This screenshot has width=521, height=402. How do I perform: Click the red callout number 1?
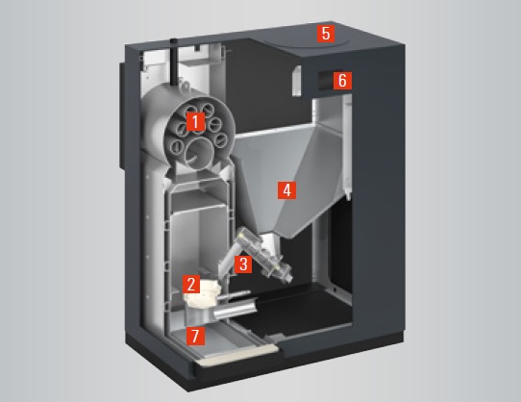[195, 121]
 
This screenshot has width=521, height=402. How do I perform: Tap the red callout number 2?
[191, 285]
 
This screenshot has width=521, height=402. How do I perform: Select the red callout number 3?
[243, 264]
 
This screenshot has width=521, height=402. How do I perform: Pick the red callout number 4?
[286, 190]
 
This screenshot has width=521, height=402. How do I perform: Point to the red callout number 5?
[326, 34]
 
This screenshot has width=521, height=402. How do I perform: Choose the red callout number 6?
[342, 81]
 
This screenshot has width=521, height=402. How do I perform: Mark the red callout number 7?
[196, 336]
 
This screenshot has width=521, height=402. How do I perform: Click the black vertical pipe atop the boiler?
[174, 63]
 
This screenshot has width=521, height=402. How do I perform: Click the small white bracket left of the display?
[296, 81]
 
